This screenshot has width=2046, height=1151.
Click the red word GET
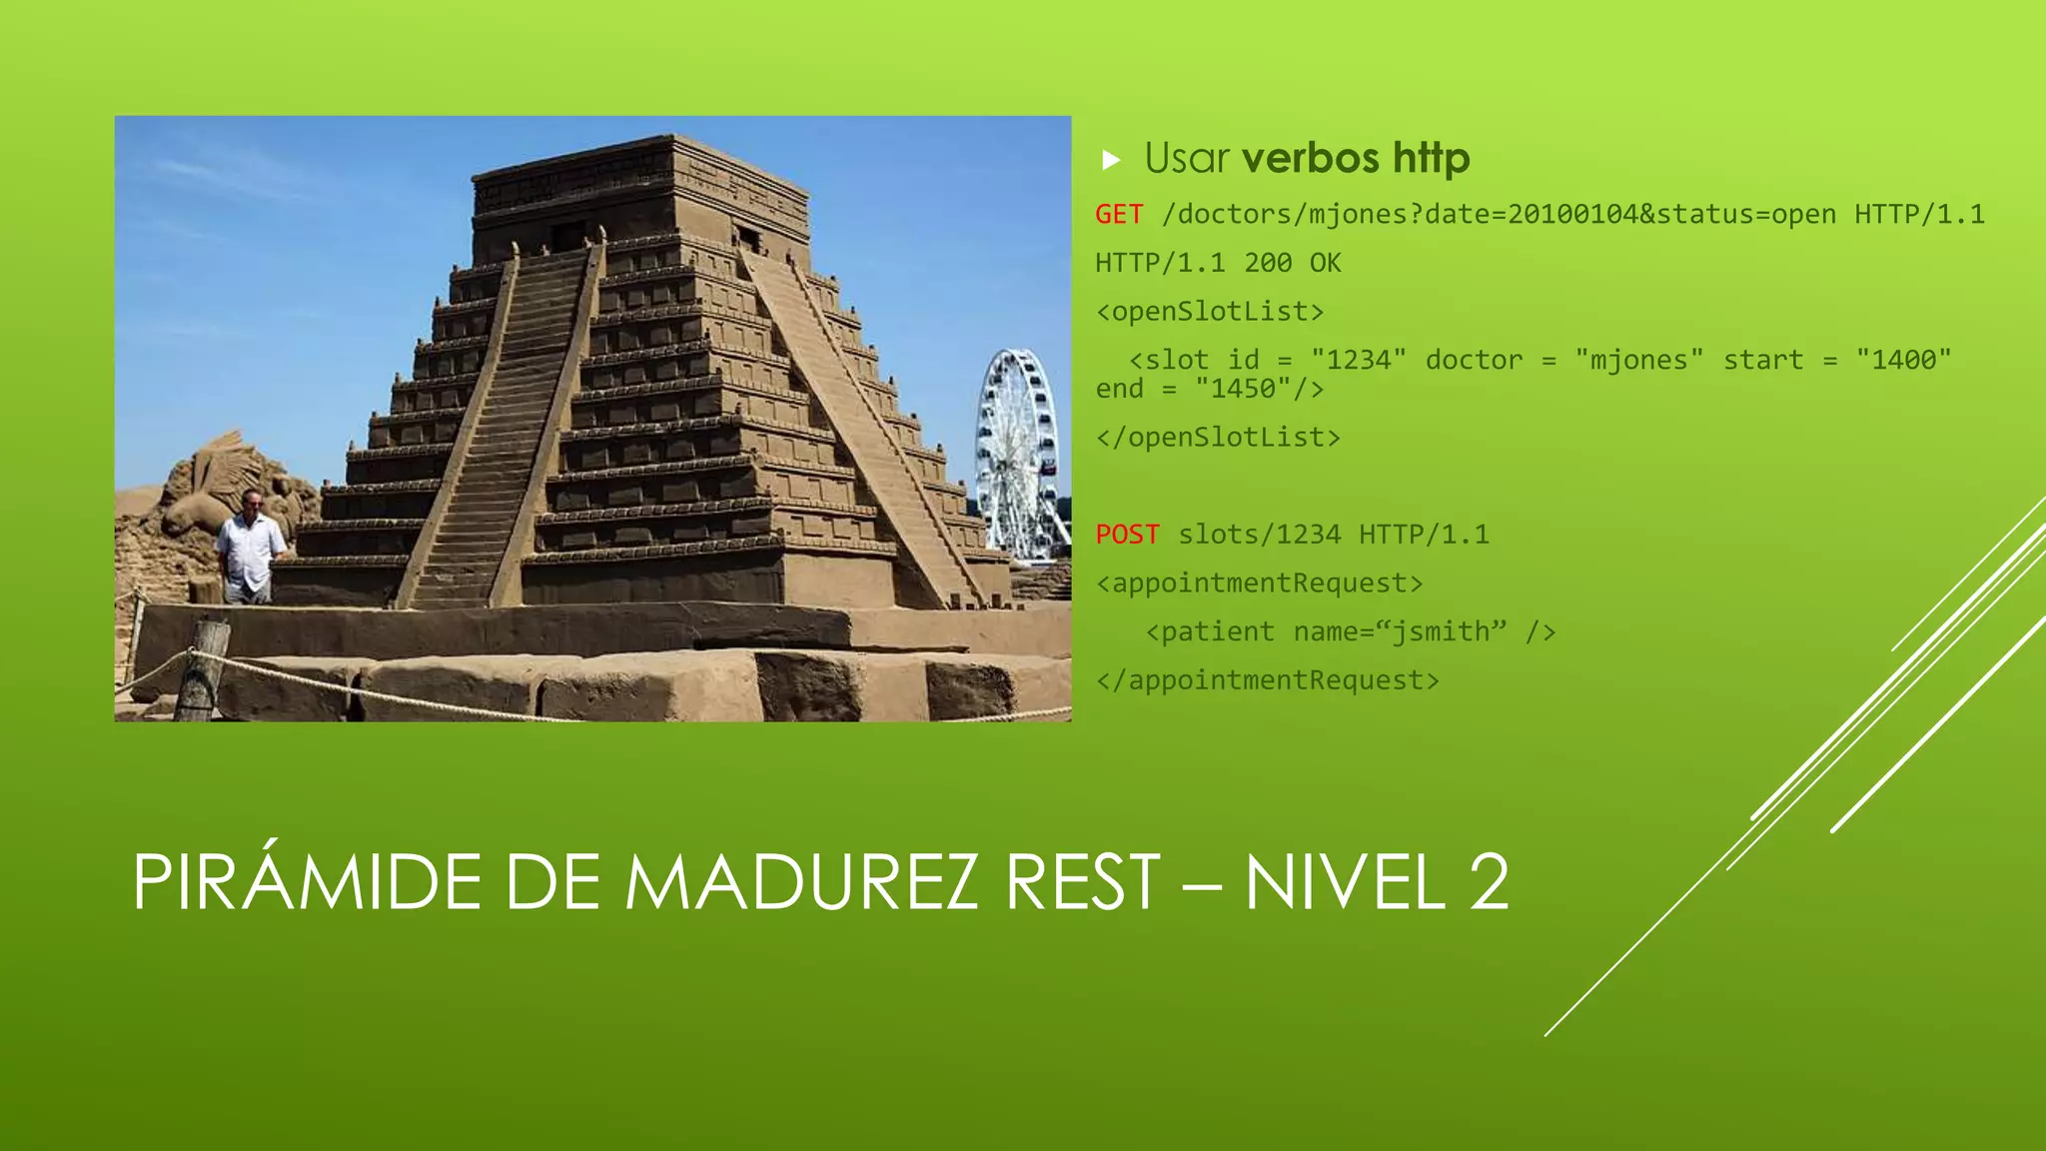[x=1119, y=215]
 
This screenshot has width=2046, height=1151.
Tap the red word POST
[x=1127, y=535]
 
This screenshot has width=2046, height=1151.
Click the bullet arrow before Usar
[x=1111, y=160]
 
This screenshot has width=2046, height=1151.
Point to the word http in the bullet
[x=1432, y=158]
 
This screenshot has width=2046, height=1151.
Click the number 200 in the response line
[x=1268, y=263]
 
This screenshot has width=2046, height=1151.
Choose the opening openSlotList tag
[x=1210, y=312]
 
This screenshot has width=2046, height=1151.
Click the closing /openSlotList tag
[x=1218, y=438]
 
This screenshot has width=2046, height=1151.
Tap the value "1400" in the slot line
[x=1903, y=360]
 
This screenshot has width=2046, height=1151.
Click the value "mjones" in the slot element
[x=1638, y=360]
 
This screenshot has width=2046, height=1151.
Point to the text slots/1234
[x=1259, y=535]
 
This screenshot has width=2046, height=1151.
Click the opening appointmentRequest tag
[x=1259, y=583]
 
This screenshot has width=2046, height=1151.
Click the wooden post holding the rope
[x=203, y=669]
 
